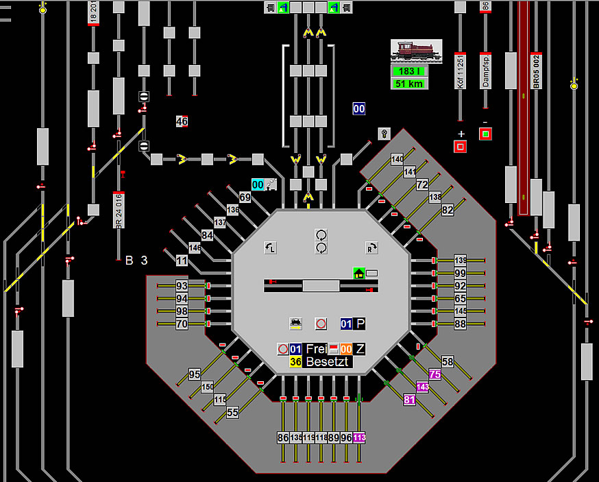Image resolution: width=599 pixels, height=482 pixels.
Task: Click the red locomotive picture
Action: pyautogui.click(x=416, y=51)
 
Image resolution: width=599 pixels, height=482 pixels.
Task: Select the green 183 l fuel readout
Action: pyautogui.click(x=408, y=71)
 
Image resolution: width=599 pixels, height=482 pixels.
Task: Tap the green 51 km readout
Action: pyautogui.click(x=408, y=84)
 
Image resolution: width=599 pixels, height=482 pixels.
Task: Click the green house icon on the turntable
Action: pyautogui.click(x=358, y=273)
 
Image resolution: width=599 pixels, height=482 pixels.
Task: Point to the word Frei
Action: pyautogui.click(x=316, y=349)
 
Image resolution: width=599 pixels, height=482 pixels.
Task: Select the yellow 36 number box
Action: pyautogui.click(x=296, y=361)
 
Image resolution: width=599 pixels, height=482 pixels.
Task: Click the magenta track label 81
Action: pyautogui.click(x=410, y=400)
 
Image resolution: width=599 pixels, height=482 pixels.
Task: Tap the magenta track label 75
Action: pyautogui.click(x=435, y=374)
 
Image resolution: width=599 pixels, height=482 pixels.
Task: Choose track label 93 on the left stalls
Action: pyautogui.click(x=182, y=286)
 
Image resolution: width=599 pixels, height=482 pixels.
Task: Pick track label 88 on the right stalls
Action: pyautogui.click(x=460, y=324)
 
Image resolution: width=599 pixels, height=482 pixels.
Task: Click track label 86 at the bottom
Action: pyautogui.click(x=283, y=437)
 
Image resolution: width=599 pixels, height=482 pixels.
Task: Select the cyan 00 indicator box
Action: pyautogui.click(x=258, y=184)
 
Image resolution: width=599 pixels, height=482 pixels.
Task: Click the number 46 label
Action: pyautogui.click(x=182, y=121)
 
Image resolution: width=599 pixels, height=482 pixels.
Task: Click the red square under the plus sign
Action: pyautogui.click(x=460, y=146)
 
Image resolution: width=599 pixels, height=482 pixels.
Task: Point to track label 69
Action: pyautogui.click(x=245, y=197)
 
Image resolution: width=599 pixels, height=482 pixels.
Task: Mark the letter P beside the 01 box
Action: pyautogui.click(x=360, y=323)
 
